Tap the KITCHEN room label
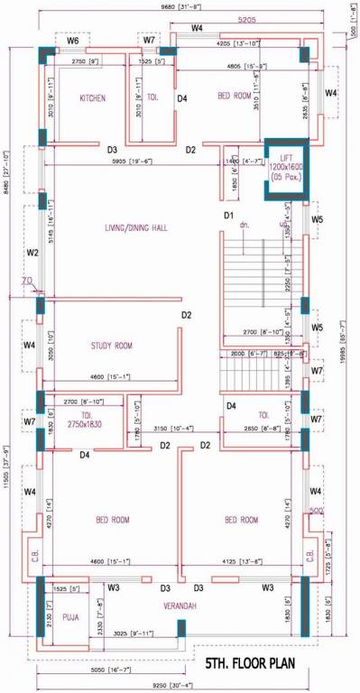point(93,97)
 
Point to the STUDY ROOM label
point(112,345)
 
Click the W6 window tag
point(73,41)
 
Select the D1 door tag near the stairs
point(229,215)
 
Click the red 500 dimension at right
point(317,512)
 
